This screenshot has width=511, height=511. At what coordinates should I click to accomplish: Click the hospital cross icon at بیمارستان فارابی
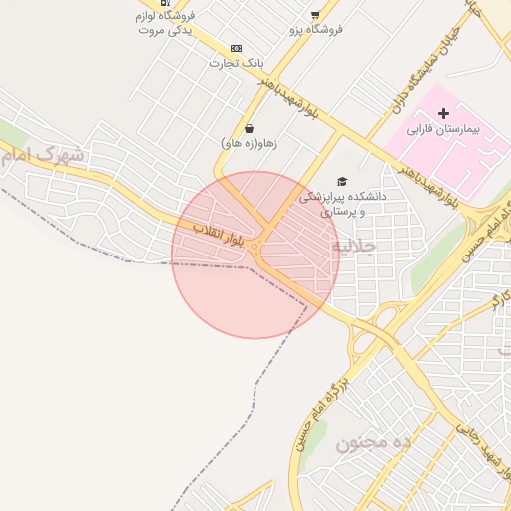click(x=444, y=114)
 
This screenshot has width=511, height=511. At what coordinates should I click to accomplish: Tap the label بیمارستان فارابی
click(x=444, y=130)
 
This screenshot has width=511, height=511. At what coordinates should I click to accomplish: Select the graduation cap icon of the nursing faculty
click(x=342, y=181)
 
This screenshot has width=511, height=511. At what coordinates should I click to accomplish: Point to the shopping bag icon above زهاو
click(x=249, y=128)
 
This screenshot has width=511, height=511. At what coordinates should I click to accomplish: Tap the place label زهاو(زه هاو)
click(x=249, y=144)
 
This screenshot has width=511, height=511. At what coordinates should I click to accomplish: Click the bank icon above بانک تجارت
click(x=236, y=48)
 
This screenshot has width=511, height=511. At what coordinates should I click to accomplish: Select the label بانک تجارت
click(x=232, y=63)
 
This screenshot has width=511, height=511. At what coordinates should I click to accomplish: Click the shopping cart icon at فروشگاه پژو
click(x=315, y=15)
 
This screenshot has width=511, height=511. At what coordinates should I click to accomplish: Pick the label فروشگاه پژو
click(x=316, y=30)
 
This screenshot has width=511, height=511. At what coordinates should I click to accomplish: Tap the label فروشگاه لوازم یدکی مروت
click(x=165, y=23)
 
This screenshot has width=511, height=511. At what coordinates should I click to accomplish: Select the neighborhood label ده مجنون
click(x=373, y=443)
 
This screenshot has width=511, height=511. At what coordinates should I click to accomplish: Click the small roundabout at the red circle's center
click(x=255, y=247)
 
